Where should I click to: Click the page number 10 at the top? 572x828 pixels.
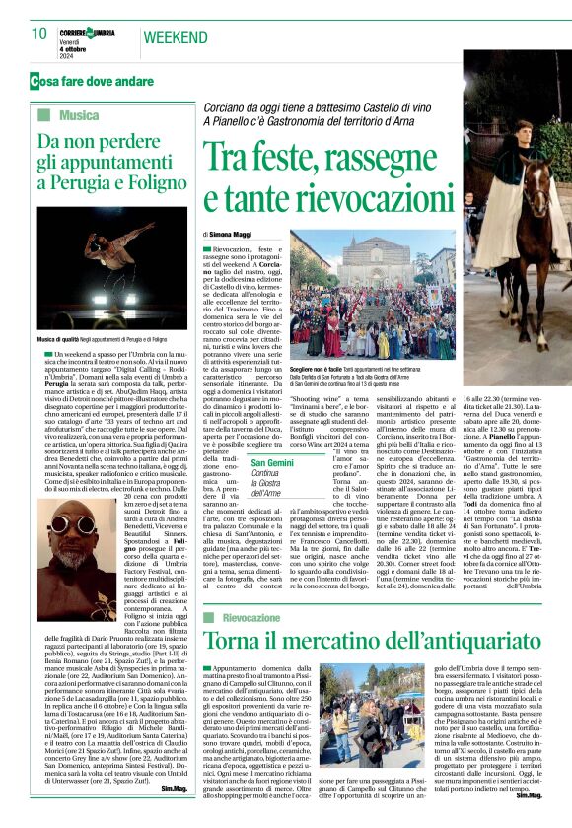coord(39,34)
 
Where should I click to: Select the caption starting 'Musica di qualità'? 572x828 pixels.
coord(111,337)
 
